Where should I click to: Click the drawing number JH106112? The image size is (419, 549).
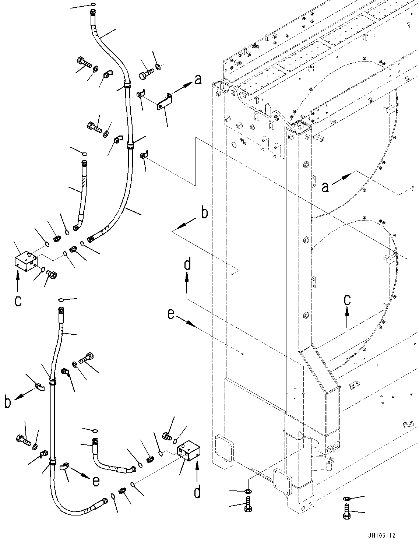380,536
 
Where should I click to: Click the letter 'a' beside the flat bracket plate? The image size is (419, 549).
198,79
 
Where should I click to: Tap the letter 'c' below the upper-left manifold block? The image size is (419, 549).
18,301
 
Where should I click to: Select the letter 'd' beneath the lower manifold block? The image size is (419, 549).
197,492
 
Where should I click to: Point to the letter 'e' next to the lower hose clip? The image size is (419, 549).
96,481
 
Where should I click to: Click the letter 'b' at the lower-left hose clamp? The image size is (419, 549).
8,402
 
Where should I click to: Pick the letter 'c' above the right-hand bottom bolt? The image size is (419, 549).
347,300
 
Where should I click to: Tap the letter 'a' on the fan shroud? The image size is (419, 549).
325,187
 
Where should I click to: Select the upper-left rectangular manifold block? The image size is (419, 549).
25,260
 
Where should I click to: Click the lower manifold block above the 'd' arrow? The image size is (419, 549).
188,450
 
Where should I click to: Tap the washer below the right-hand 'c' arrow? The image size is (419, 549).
347,499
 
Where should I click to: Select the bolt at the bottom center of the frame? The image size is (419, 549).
248,504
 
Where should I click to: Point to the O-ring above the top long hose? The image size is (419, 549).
92,5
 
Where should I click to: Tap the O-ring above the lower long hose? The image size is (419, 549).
61,300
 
